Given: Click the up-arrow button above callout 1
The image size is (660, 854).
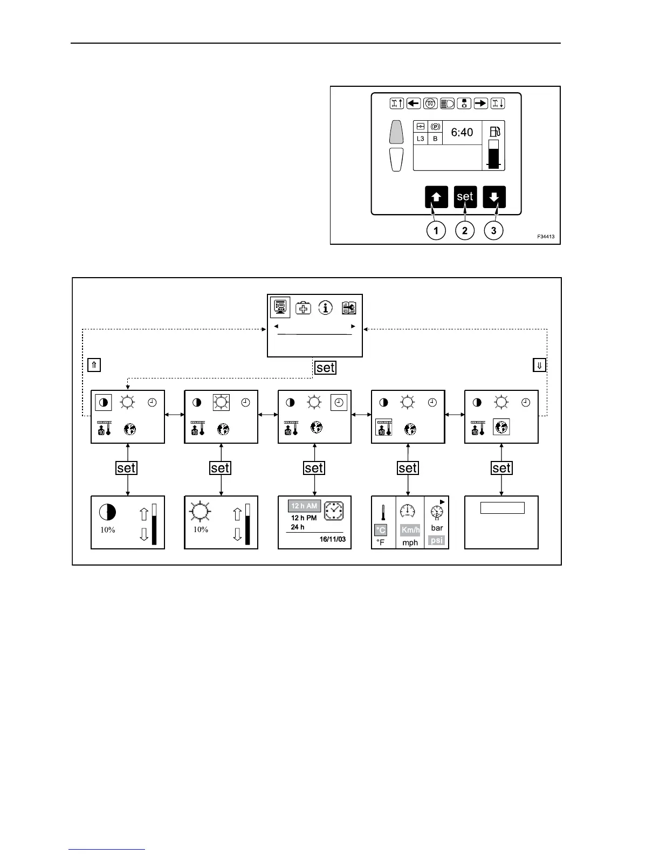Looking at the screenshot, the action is tap(436, 197).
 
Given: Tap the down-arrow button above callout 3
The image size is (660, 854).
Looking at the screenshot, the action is tap(494, 197).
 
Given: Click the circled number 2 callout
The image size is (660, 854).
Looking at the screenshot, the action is tap(465, 231).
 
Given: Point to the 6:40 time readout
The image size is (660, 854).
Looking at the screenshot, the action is tap(462, 133).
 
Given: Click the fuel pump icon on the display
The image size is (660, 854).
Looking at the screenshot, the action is tap(494, 132).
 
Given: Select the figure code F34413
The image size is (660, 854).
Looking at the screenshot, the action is tap(545, 237).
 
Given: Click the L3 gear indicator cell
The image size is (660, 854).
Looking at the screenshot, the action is tap(421, 139).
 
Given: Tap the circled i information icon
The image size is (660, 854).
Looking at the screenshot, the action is tap(325, 307).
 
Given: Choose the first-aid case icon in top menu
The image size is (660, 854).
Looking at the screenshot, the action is tap(304, 308).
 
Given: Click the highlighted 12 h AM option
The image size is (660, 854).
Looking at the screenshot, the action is tap(304, 506).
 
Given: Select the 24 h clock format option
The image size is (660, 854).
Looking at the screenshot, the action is tap(298, 527).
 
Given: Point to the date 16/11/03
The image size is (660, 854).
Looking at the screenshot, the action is tap(333, 539).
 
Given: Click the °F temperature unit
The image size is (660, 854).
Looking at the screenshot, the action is tap(381, 542).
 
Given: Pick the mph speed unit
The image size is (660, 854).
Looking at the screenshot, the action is tap(410, 542).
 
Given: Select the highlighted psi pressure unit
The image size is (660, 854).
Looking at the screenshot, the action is tap(437, 540).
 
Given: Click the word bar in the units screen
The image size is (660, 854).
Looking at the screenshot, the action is tap(437, 528).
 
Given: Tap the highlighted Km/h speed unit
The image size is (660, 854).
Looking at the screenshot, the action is tap(410, 530).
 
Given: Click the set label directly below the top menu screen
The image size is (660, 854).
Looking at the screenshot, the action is tap(326, 368).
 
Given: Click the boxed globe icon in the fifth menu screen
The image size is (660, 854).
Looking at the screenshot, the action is tap(501, 428).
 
